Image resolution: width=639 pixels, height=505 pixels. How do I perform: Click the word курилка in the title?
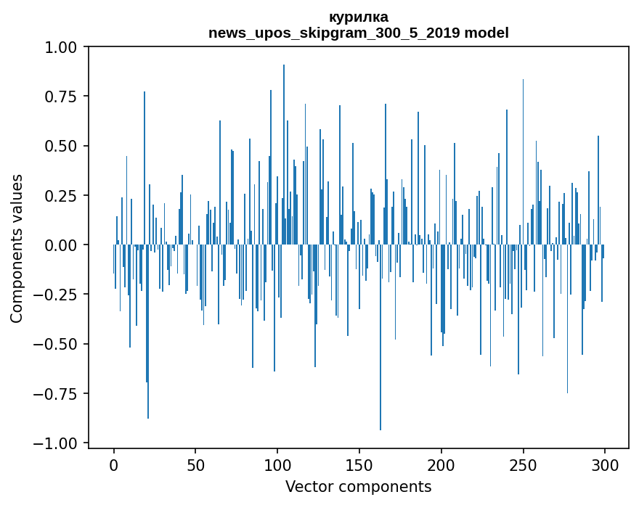click(359, 17)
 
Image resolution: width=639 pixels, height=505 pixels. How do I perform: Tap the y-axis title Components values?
click(17, 248)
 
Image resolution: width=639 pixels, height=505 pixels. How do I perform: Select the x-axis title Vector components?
click(358, 487)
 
